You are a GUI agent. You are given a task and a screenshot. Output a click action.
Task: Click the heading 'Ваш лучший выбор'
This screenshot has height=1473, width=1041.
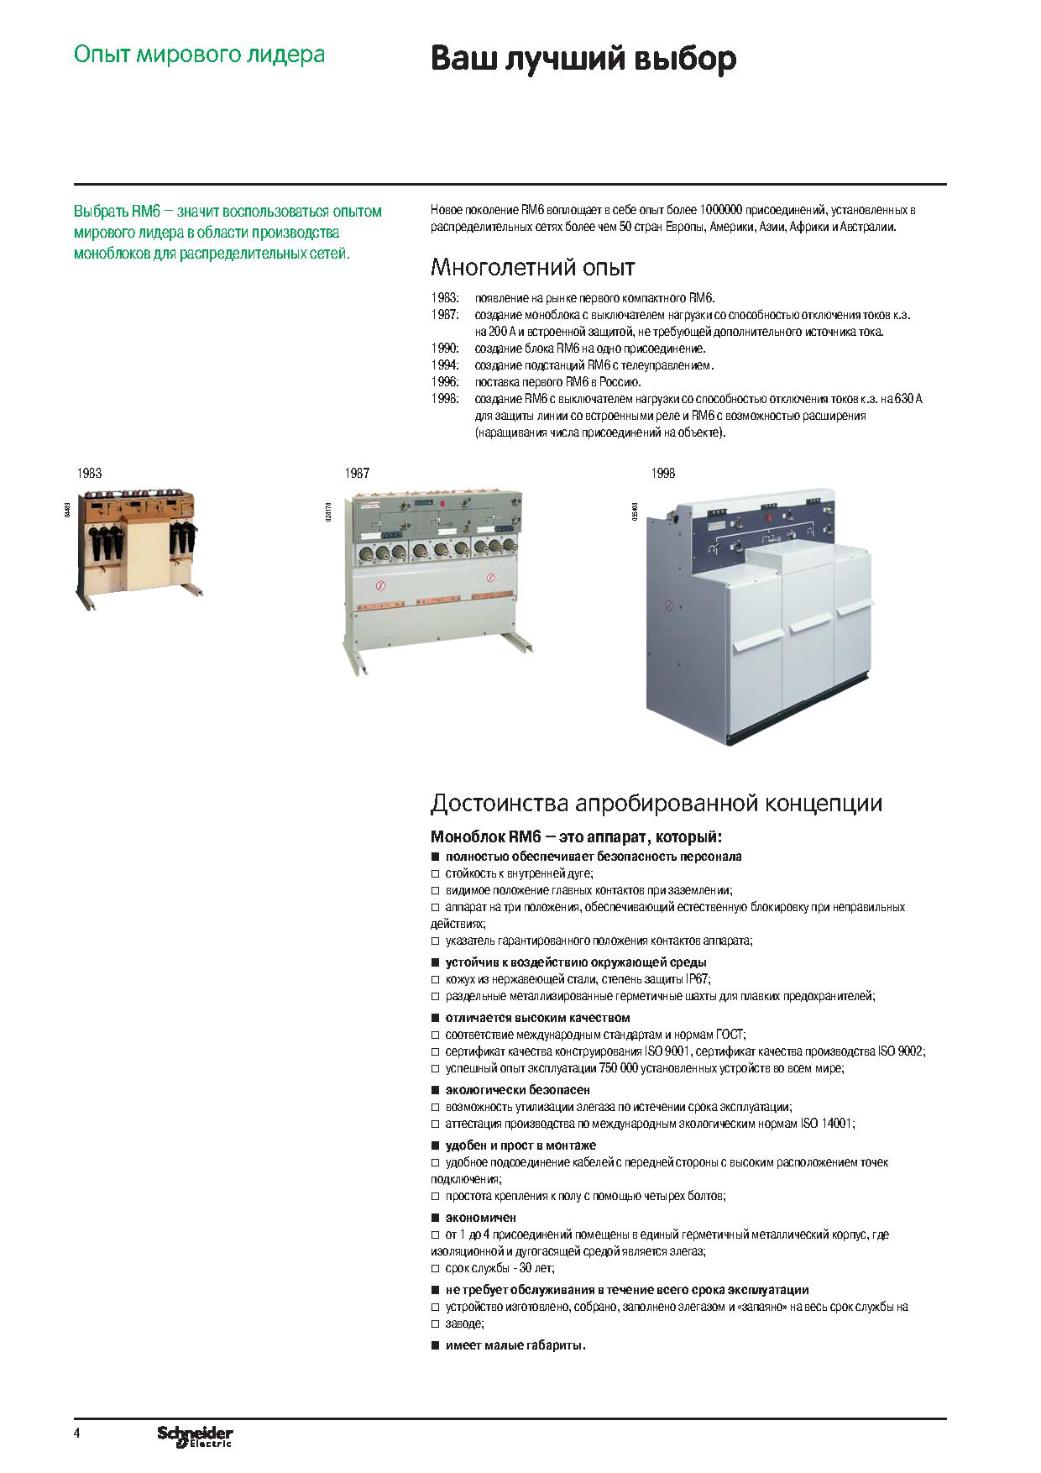pos(583,59)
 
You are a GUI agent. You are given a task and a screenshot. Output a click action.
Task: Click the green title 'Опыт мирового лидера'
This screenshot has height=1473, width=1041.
pos(199,55)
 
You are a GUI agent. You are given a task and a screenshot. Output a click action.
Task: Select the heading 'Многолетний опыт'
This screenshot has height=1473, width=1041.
pos(532,268)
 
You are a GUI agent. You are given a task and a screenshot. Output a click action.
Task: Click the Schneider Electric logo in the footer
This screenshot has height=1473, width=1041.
pos(195,1436)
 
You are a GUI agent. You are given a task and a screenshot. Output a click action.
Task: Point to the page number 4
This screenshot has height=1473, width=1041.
pos(77,1433)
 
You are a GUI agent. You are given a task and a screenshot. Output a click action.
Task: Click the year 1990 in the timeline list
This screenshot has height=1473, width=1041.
pos(444,349)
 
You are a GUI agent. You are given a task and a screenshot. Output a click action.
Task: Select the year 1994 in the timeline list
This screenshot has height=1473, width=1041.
pos(444,365)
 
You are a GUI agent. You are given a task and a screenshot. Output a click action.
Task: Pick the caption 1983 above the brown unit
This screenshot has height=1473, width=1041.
pos(89,474)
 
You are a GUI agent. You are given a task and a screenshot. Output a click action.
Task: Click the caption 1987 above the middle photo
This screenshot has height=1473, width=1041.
pos(357,474)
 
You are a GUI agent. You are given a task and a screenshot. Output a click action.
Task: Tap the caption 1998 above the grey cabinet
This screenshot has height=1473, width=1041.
pos(663,474)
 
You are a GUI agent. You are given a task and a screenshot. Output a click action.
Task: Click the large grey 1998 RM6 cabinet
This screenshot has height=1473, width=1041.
pos(760,617)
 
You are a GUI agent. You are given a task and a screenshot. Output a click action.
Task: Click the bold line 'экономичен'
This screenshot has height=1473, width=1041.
pos(480,1218)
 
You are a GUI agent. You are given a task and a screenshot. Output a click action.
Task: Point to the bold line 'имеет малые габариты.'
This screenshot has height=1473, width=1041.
pos(515,1345)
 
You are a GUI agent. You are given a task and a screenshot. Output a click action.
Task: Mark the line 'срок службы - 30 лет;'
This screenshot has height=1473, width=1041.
pos(500,1268)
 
